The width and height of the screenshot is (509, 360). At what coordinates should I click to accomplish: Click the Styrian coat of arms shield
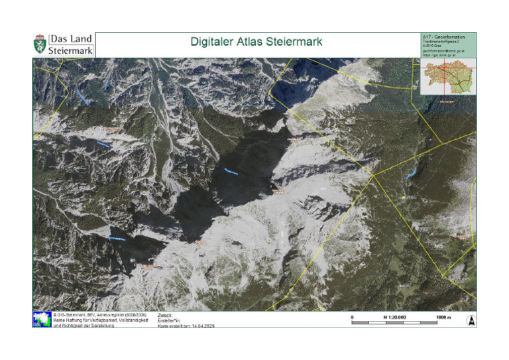tap(40, 44)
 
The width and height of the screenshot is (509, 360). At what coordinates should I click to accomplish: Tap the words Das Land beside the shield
tap(71, 38)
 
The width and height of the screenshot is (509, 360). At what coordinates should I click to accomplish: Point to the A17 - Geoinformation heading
tap(443, 36)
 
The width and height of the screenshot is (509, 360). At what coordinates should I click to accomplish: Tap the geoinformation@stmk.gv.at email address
tap(443, 50)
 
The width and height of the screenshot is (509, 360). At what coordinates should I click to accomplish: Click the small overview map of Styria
tap(449, 77)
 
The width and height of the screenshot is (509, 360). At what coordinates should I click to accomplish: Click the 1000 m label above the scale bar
tap(443, 318)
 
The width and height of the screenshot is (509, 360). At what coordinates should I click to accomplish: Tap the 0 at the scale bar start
tap(352, 318)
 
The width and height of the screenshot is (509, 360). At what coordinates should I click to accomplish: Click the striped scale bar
tap(402, 323)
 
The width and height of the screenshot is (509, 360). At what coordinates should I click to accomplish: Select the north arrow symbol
tap(471, 320)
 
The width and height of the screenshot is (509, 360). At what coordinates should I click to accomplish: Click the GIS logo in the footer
tap(41, 320)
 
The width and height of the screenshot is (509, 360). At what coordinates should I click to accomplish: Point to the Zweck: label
tap(165, 315)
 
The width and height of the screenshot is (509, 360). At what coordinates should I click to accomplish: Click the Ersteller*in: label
tap(169, 320)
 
